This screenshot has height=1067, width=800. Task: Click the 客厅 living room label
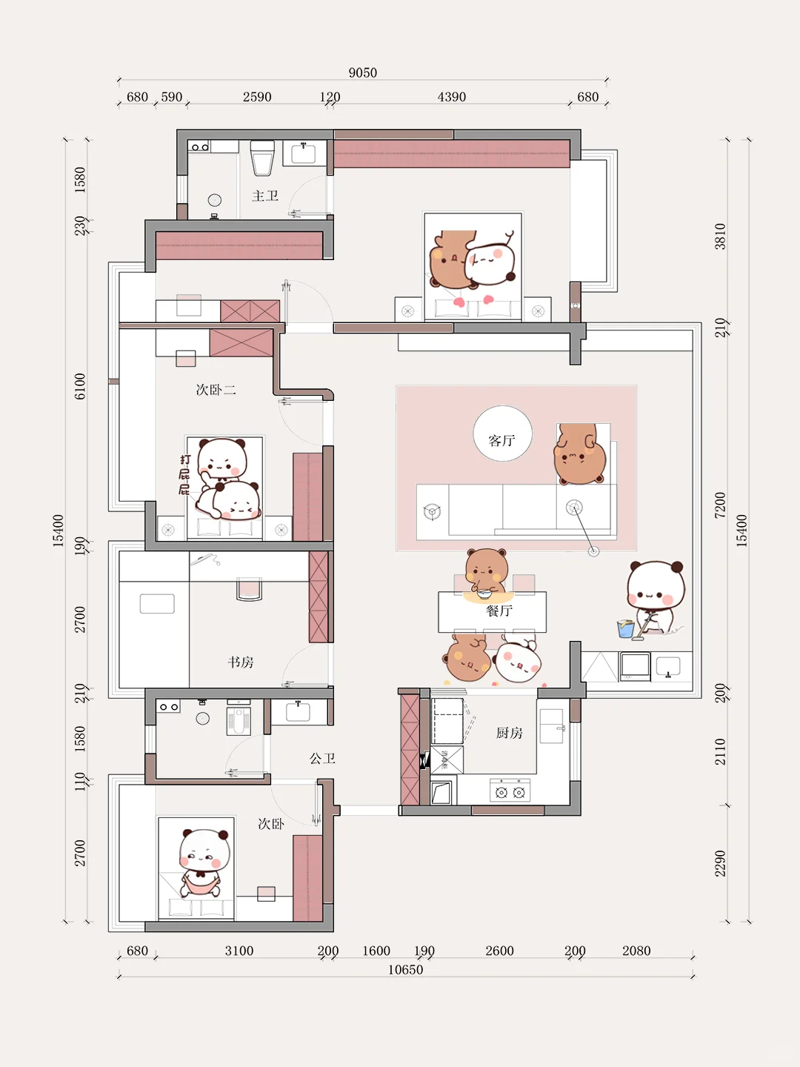pos(501,440)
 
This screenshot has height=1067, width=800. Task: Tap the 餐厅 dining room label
pos(499,611)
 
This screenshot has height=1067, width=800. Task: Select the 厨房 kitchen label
pos(509,733)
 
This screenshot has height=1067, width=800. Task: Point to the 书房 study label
pos(241,662)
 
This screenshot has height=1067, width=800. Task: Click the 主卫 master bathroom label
pos(264,196)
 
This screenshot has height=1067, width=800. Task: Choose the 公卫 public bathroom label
pos(322,758)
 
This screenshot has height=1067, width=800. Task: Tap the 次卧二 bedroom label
pos(216,389)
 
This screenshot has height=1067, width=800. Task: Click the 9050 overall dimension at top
pos(362,73)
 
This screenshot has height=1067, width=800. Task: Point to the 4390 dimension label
pos(451,97)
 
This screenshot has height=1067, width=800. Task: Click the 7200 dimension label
pos(720,505)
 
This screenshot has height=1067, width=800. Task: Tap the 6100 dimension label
pos(80,387)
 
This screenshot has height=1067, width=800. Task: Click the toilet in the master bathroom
pos(262,158)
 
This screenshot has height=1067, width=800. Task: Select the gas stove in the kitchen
pos(510,790)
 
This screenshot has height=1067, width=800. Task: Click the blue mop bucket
pos(626,628)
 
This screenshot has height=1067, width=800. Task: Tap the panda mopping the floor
pos(656,599)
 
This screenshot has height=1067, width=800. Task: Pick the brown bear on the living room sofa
pos(579,454)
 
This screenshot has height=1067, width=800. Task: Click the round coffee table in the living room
pos(502,433)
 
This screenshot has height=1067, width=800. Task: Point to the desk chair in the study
pos(249,589)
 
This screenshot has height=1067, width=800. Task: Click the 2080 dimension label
pos(636,951)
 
